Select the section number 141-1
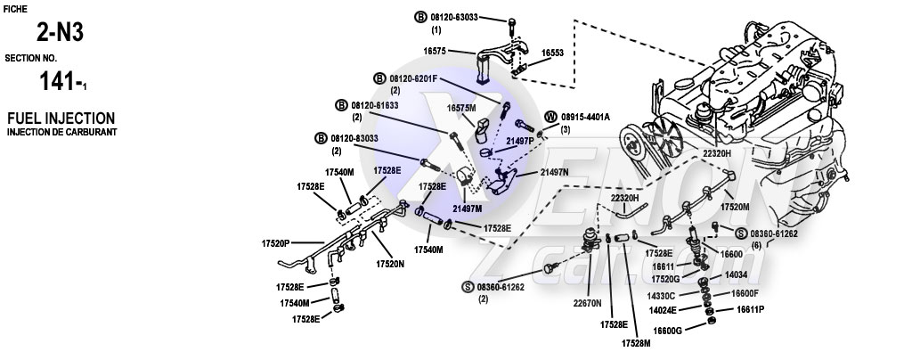point(63,84)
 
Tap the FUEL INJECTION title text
point(61,118)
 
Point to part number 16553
point(553,53)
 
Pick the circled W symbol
point(551,117)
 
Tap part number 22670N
point(588,300)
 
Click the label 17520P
point(277,242)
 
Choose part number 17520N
point(390,264)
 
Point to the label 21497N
point(554,173)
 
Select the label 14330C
point(661,294)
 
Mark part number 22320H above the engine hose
point(716,154)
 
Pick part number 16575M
point(462,108)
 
